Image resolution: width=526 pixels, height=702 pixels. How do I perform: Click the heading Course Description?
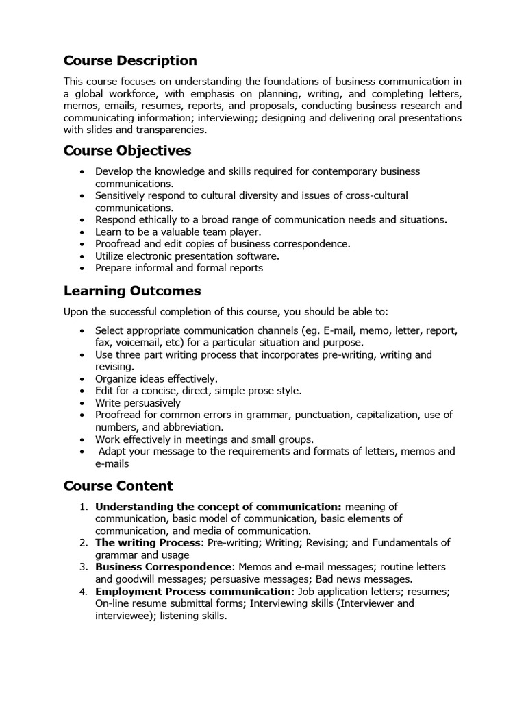130,61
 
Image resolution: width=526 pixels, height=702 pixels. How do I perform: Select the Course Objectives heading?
127,150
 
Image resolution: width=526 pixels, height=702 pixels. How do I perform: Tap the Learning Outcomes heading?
132,291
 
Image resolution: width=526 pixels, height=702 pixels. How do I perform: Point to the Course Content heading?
118,486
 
